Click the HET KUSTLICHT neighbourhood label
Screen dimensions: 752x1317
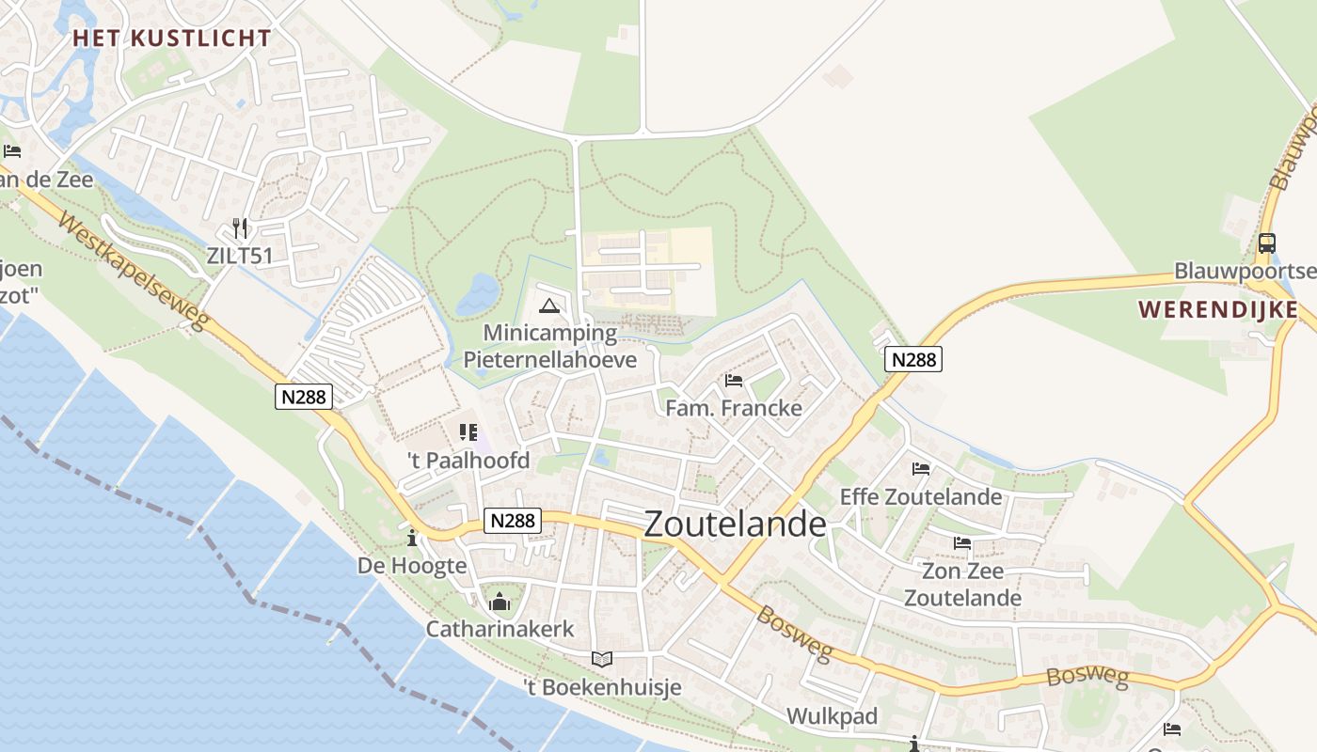pos(172,39)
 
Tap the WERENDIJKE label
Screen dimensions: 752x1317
pos(1217,309)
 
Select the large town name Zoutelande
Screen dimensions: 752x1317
pos(735,524)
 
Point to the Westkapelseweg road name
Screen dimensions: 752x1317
pos(133,271)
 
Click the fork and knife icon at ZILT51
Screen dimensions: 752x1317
pos(240,227)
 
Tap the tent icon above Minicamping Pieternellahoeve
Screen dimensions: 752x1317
pos(549,305)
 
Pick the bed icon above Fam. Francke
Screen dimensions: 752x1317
pos(734,381)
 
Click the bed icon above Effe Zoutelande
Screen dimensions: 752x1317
pos(921,468)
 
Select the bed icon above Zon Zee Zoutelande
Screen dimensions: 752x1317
pos(961,542)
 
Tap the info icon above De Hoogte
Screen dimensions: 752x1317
pos(411,539)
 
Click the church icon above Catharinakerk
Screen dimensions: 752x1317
pos(500,601)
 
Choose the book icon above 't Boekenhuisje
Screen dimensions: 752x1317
pos(602,659)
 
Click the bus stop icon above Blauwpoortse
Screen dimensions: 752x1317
pos(1266,243)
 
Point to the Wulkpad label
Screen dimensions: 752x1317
pos(832,716)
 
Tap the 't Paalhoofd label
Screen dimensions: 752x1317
pos(468,461)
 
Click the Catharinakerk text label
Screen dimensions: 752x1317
pos(500,629)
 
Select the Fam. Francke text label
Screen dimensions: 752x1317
pos(734,408)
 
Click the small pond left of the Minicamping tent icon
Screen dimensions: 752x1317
pos(478,293)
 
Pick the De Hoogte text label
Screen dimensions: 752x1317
pos(412,566)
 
